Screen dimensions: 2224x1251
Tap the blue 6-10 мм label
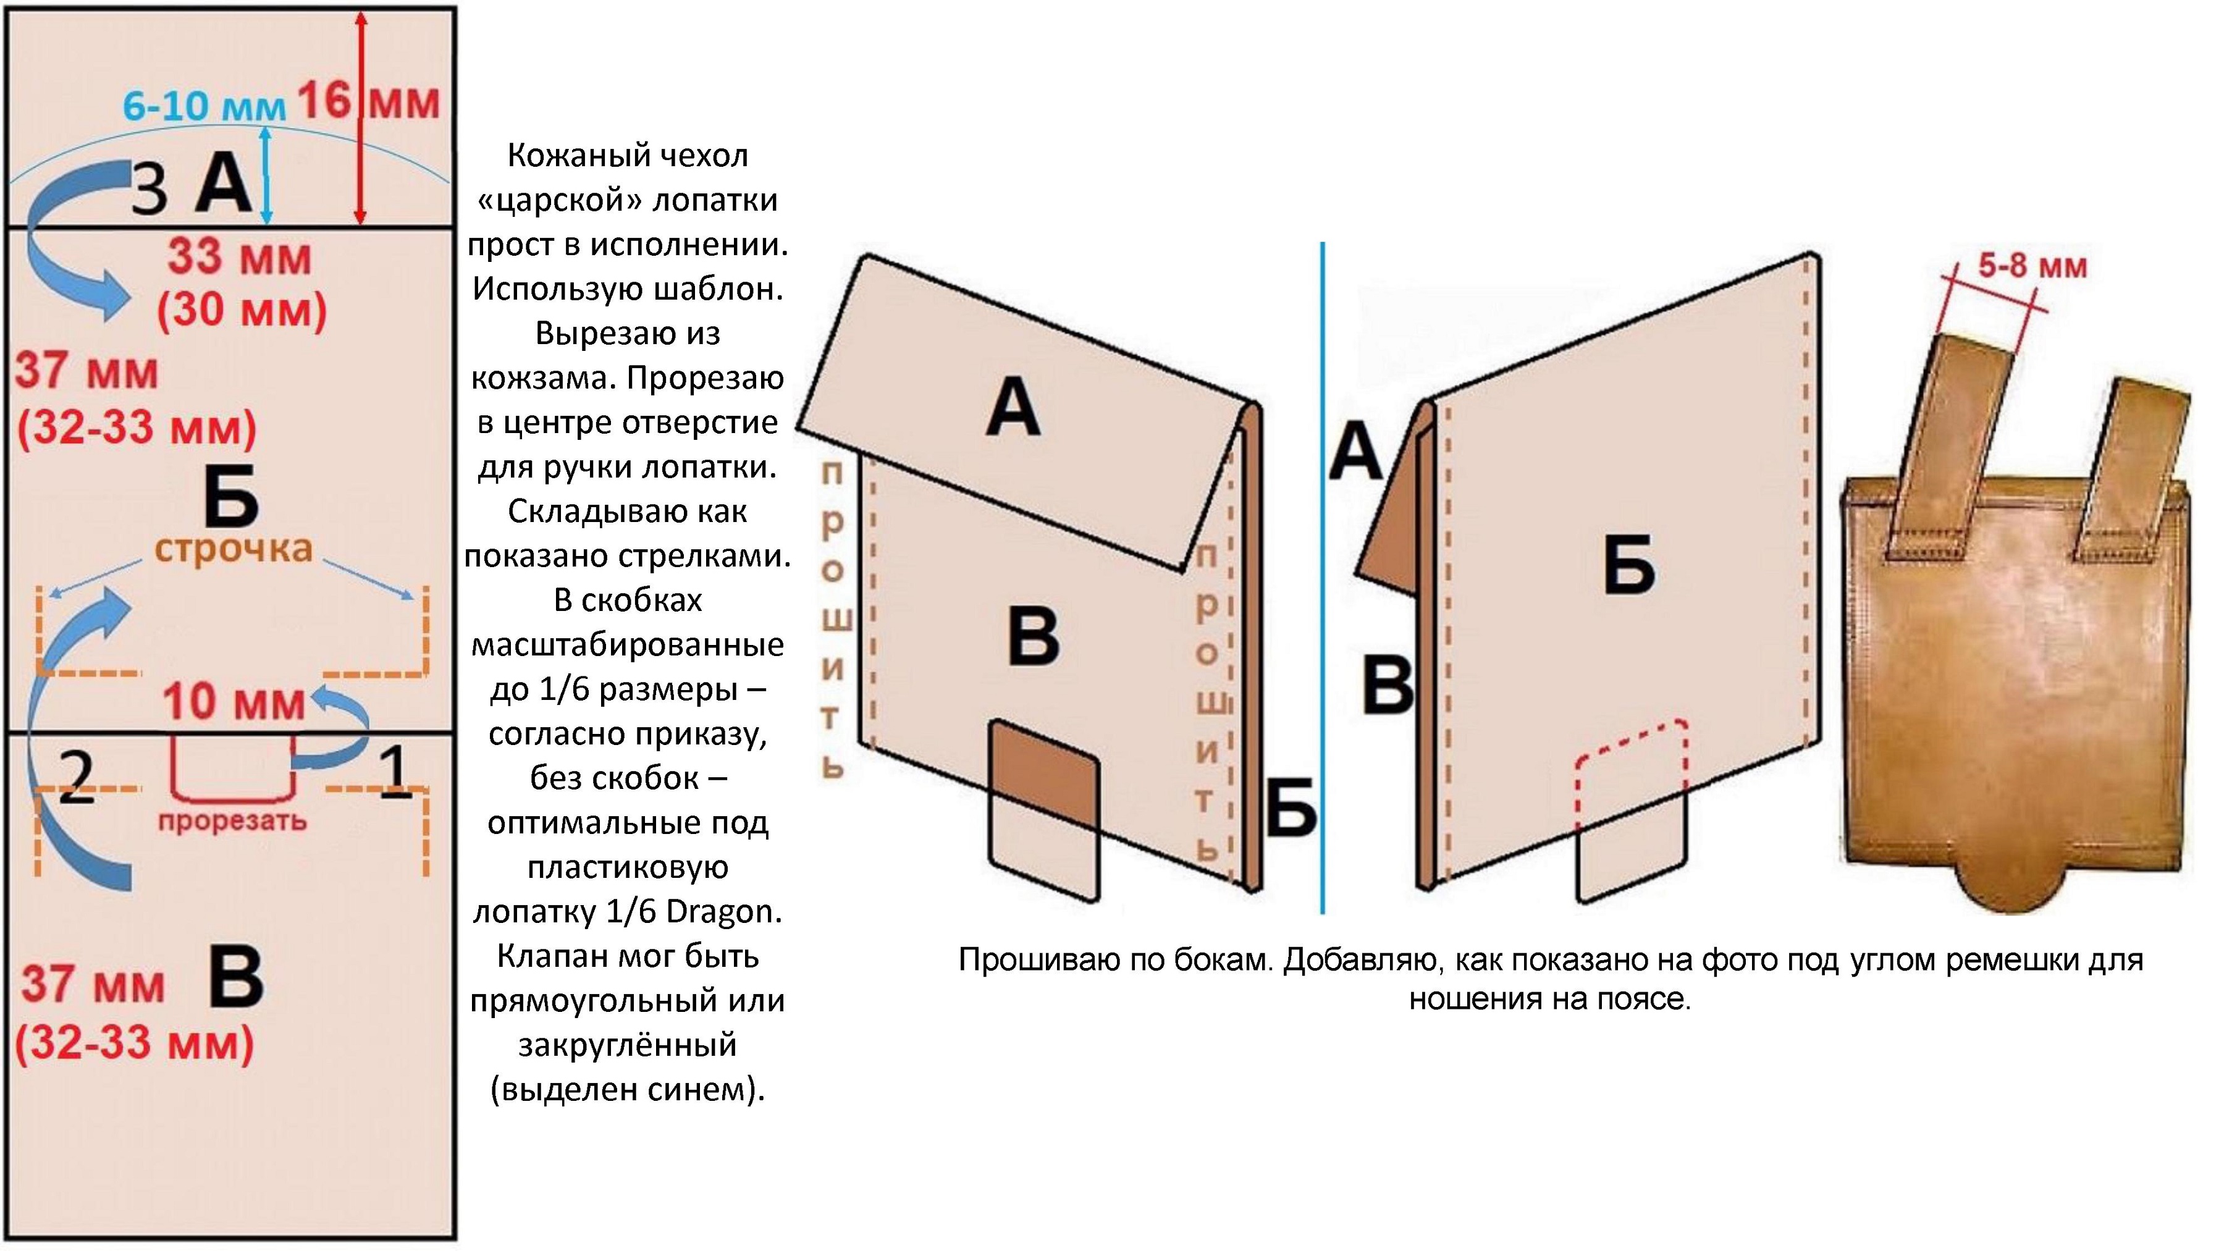click(x=204, y=107)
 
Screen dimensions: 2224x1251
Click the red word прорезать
click(x=232, y=821)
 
